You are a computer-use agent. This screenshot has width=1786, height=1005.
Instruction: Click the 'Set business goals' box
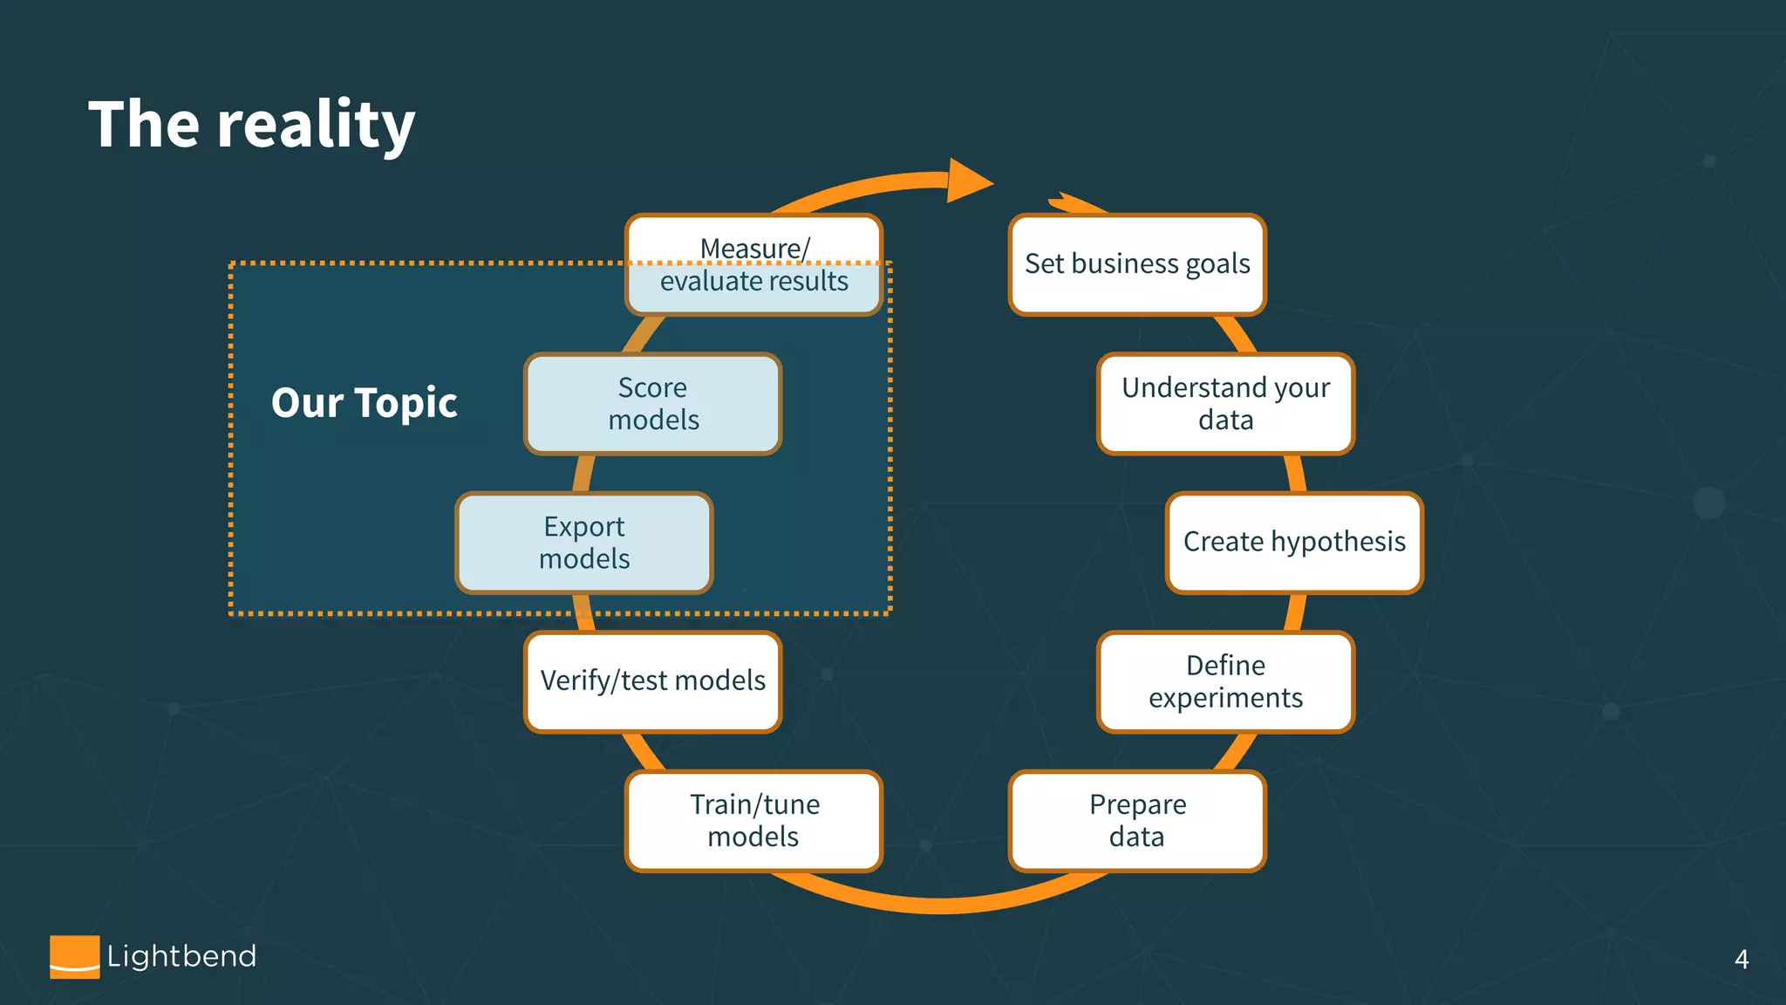click(x=1137, y=264)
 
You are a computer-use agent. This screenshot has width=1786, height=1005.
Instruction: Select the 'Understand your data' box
click(x=1225, y=404)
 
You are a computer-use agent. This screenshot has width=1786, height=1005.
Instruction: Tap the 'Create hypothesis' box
click(x=1294, y=543)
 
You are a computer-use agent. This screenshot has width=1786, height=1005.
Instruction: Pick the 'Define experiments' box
click(x=1225, y=681)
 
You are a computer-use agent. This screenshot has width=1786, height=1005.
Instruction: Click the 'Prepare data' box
click(x=1137, y=821)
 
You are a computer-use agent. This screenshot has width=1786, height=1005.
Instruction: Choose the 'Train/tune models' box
click(x=754, y=821)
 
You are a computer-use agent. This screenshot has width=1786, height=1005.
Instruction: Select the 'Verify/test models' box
click(x=652, y=681)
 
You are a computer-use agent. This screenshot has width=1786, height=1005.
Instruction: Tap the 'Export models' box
click(x=584, y=543)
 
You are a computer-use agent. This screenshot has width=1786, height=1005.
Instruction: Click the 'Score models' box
click(x=652, y=404)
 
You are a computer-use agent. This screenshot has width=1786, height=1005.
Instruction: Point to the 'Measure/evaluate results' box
click(x=754, y=265)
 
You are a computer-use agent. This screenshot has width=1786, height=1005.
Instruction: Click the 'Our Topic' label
click(x=364, y=403)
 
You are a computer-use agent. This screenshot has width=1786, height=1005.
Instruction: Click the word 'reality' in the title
click(x=316, y=125)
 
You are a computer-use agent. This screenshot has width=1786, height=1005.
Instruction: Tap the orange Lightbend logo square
click(x=74, y=956)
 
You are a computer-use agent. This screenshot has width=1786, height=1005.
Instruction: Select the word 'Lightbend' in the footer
click(x=181, y=956)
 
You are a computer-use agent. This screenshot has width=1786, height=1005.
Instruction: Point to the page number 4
click(x=1741, y=960)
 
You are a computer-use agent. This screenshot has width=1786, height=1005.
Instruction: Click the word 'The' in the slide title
click(x=144, y=125)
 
